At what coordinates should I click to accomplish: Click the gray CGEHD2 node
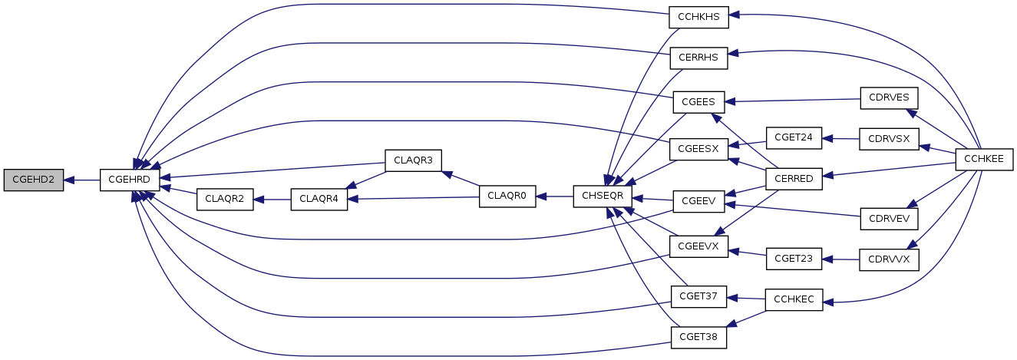click(33, 180)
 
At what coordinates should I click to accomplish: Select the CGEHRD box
click(130, 180)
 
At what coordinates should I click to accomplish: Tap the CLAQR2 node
click(225, 198)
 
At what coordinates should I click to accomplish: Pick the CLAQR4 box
click(319, 198)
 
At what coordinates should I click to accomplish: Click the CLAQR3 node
click(413, 160)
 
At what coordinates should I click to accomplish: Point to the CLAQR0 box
click(507, 197)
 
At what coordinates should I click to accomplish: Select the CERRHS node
click(698, 58)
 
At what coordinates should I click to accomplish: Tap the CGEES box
click(698, 101)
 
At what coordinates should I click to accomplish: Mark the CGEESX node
click(698, 147)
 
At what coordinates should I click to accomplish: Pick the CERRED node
click(794, 178)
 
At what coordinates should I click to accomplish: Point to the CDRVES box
click(888, 97)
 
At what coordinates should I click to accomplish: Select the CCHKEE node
click(985, 159)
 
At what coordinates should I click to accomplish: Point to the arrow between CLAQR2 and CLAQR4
click(272, 198)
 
